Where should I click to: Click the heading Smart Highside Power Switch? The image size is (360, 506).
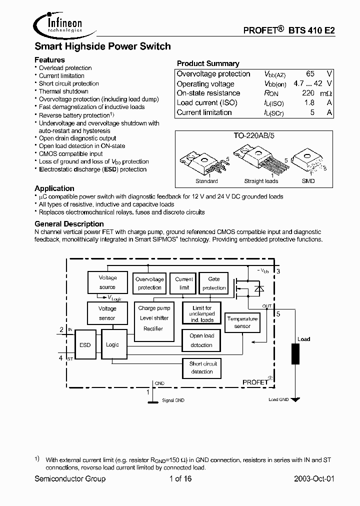[x=102, y=46]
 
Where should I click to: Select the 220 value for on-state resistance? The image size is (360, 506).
[x=308, y=93]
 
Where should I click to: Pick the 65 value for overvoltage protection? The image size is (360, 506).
[x=310, y=74]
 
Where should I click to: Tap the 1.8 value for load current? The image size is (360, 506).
[x=309, y=102]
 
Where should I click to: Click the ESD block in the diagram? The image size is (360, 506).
[x=85, y=345]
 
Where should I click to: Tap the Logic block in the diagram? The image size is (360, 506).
[x=112, y=345]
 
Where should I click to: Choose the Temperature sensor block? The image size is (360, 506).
[x=242, y=322]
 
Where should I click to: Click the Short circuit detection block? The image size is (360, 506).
[x=202, y=367]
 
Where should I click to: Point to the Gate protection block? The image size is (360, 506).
[x=214, y=283]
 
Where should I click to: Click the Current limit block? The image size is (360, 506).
[x=184, y=283]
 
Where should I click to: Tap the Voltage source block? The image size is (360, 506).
[x=107, y=282]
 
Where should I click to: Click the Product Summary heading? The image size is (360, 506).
[x=208, y=63]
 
